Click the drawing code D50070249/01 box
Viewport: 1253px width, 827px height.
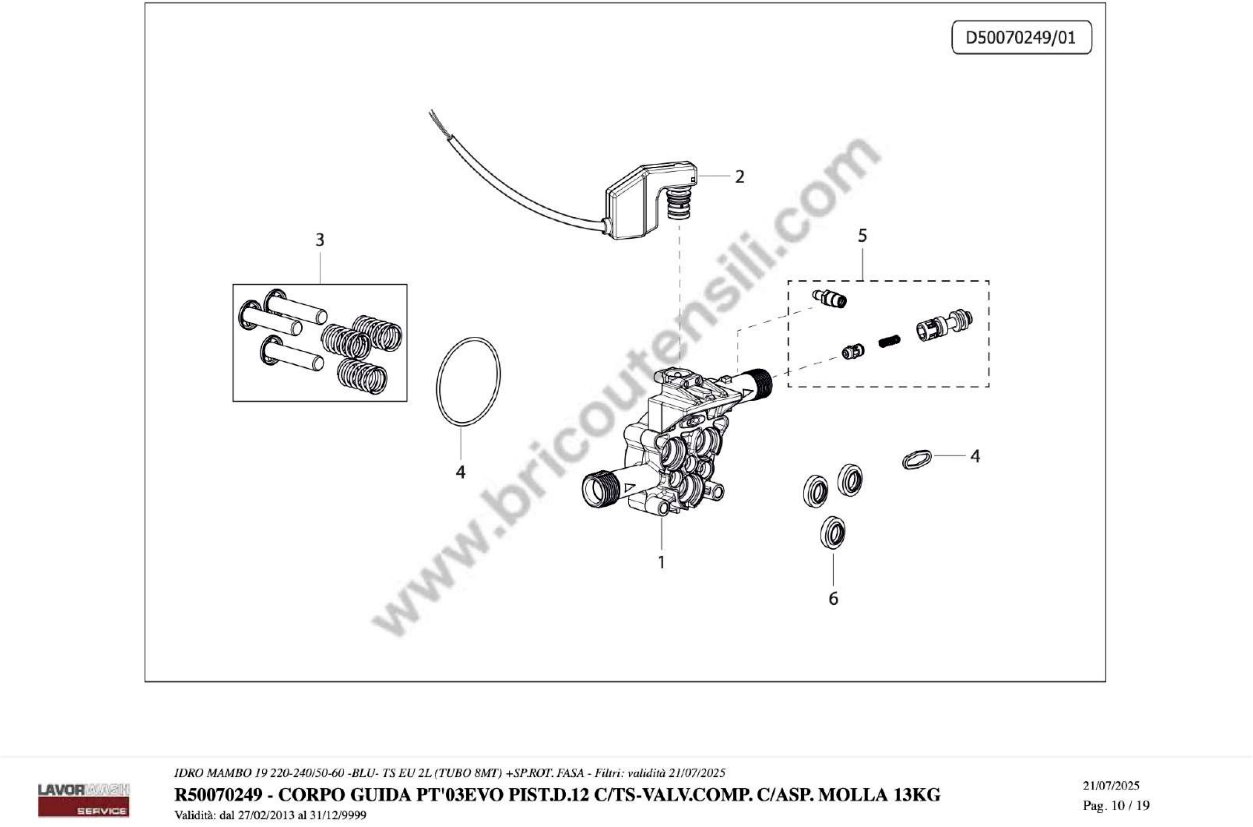pos(1021,37)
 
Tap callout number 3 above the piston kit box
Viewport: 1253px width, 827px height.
pos(319,240)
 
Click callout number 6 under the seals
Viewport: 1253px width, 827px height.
pos(833,599)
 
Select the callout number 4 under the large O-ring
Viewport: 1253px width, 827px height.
pos(460,472)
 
